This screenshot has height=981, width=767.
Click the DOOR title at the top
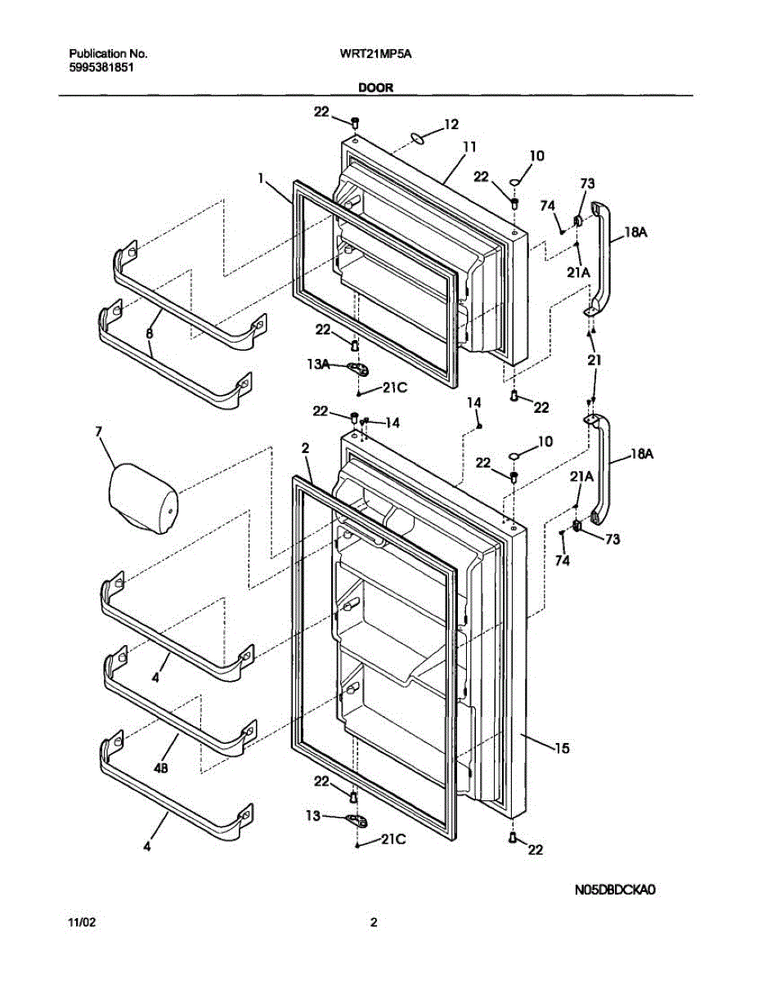coord(375,85)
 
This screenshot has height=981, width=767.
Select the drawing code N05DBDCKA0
coord(616,889)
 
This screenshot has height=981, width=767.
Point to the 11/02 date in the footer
coord(82,923)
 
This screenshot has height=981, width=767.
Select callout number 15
coord(562,748)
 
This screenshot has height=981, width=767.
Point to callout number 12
coord(451,125)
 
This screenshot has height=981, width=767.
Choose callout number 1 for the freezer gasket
coord(262,177)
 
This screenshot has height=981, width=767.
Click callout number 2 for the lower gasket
coord(304,448)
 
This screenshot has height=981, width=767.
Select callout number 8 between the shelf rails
coord(150,334)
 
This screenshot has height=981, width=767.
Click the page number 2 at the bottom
coord(374,923)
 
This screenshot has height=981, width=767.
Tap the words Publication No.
coord(108,54)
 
